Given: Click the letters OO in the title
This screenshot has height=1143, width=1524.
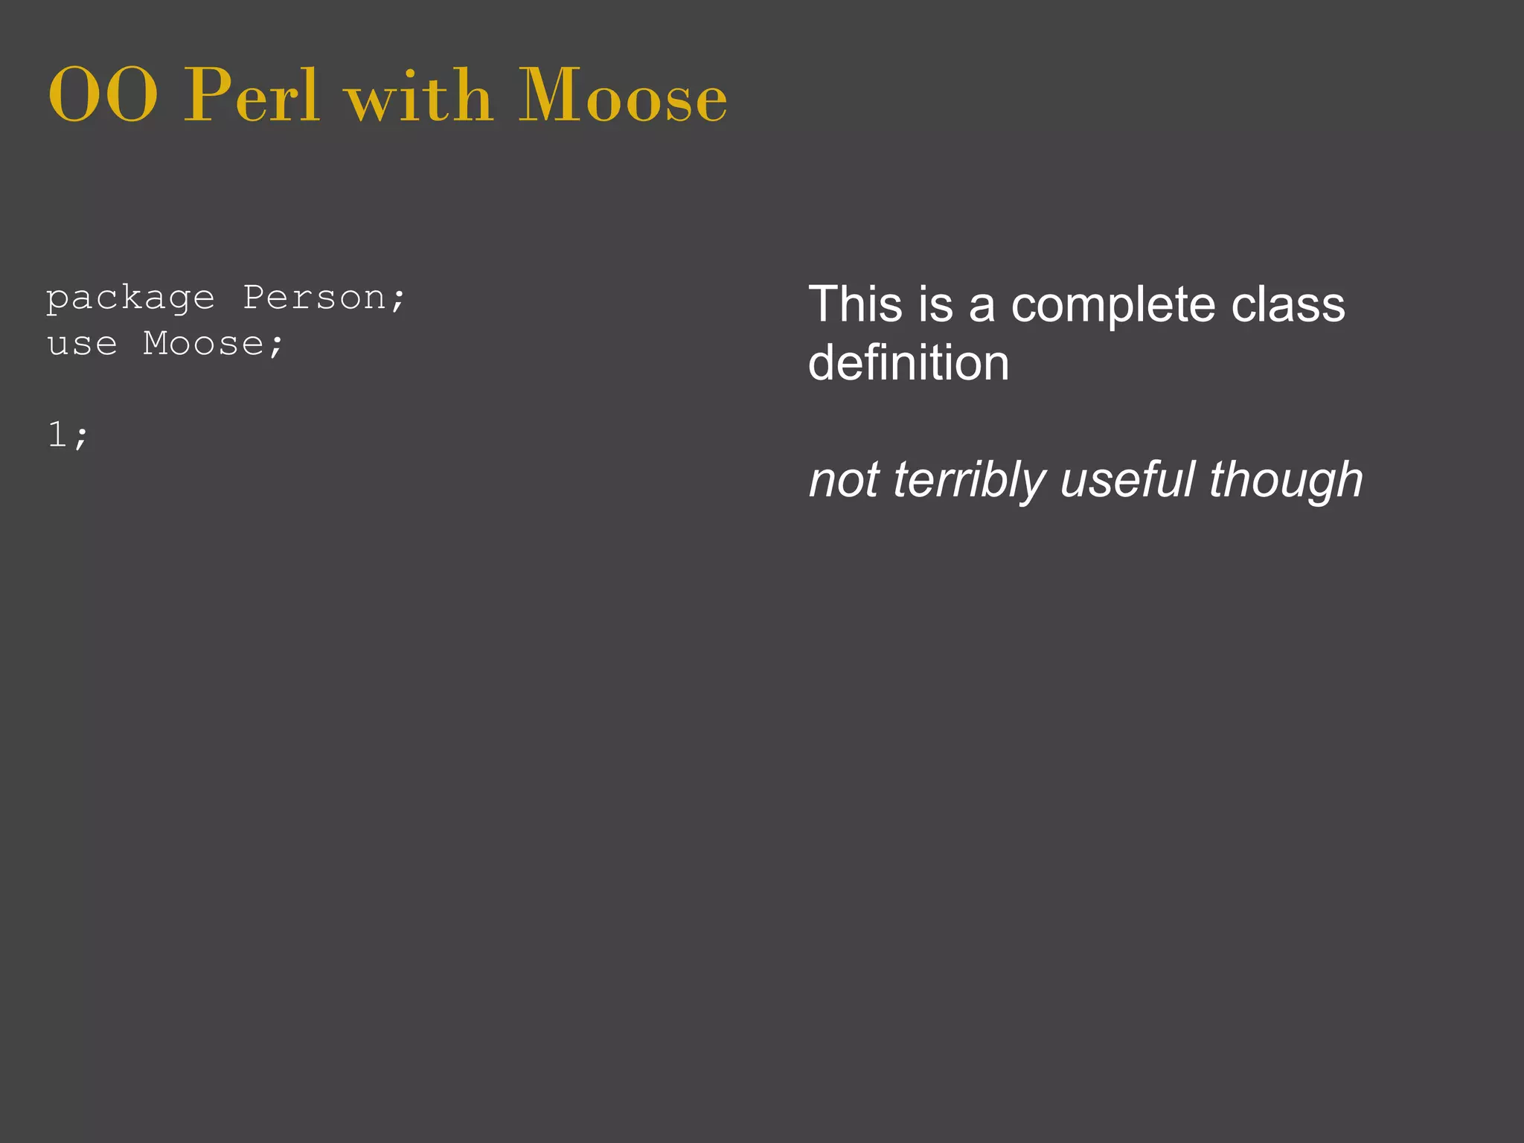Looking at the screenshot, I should tap(103, 95).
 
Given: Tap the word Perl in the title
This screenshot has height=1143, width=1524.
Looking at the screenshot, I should tap(252, 95).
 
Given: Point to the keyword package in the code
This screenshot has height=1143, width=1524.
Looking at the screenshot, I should tap(130, 299).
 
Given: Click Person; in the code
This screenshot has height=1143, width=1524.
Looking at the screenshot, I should tap(324, 299).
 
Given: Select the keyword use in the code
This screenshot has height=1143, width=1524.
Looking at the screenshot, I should tap(82, 344).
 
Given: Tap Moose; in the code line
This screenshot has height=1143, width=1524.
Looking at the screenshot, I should tap(214, 344).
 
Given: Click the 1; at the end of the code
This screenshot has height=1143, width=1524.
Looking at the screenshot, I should tap(68, 435).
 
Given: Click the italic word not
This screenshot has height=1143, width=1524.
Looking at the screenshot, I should tap(844, 480).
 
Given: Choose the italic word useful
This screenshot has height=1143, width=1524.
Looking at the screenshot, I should tap(1127, 480).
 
